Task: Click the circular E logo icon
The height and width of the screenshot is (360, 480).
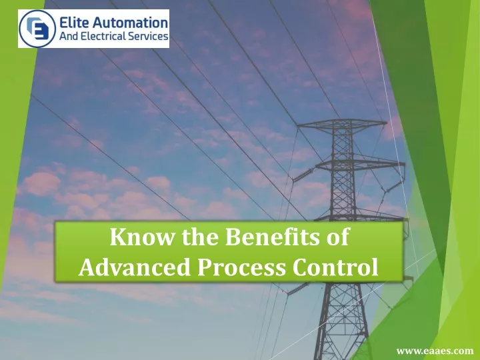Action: (37, 29)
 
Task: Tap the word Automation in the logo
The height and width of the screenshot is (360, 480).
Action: (130, 23)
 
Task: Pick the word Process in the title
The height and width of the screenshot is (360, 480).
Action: (241, 267)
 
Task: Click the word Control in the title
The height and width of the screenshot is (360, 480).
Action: (335, 267)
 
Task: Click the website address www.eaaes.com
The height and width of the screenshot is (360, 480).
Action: (435, 351)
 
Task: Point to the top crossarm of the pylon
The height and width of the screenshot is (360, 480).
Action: (342, 124)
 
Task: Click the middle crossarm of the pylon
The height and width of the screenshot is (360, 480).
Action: (360, 165)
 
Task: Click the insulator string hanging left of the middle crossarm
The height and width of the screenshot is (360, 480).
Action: (303, 175)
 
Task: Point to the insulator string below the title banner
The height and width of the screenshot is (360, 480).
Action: (298, 289)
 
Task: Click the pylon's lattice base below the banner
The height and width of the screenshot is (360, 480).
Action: (342, 321)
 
